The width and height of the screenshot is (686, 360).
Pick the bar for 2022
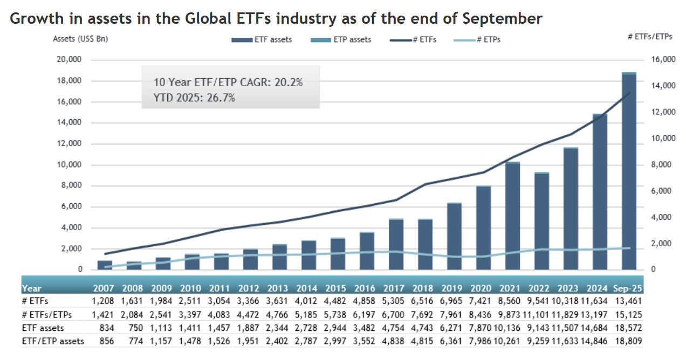coord(541,221)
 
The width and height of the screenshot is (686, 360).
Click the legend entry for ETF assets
coord(262,39)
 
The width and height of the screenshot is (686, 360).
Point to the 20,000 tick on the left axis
coord(68,60)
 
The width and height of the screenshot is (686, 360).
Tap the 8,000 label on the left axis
coord(70,186)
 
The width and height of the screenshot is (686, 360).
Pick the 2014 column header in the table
coord(308,288)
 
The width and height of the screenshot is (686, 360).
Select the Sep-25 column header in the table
coord(628,288)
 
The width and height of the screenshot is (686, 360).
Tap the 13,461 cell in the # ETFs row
coord(628,301)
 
